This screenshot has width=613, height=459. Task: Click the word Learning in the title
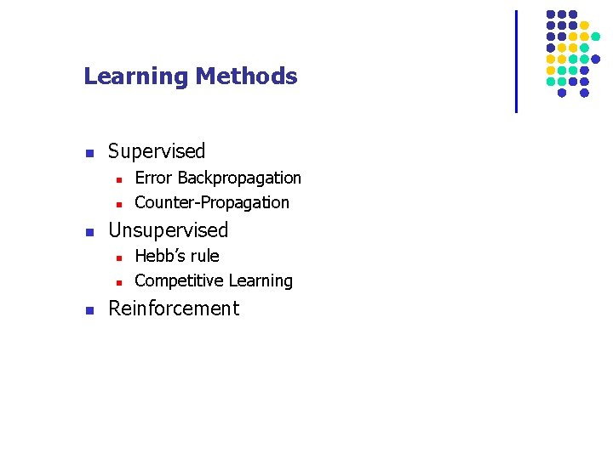pos(136,77)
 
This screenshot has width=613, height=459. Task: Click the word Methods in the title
pos(246,76)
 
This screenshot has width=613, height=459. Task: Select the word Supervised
pos(157,152)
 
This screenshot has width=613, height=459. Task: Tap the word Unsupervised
pos(169,230)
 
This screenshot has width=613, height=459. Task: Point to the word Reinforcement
pos(174,309)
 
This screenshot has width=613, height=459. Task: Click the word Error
pos(154,178)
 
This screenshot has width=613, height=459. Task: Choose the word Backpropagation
pos(239,178)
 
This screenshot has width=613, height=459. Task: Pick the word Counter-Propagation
pos(212,203)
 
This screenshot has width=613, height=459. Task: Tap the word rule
pos(204,257)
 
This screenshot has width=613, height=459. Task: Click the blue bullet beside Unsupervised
pos(89,232)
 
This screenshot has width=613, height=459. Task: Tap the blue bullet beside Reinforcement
pos(89,310)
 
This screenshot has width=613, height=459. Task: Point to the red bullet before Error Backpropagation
pos(119,179)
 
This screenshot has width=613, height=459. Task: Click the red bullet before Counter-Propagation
pos(119,204)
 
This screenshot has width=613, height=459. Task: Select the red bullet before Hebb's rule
pos(119,258)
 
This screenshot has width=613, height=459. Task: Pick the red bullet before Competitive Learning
pos(119,282)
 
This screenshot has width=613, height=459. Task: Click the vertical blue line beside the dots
pos(516,61)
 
